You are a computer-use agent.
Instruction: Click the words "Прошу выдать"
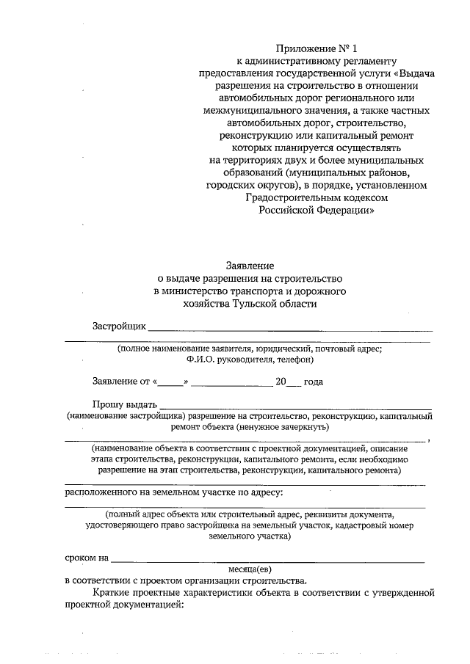pos(124,404)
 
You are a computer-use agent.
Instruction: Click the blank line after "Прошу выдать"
pos(295,406)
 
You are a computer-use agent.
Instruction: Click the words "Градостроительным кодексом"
pos(317,197)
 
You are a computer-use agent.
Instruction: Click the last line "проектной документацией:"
pos(123,605)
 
